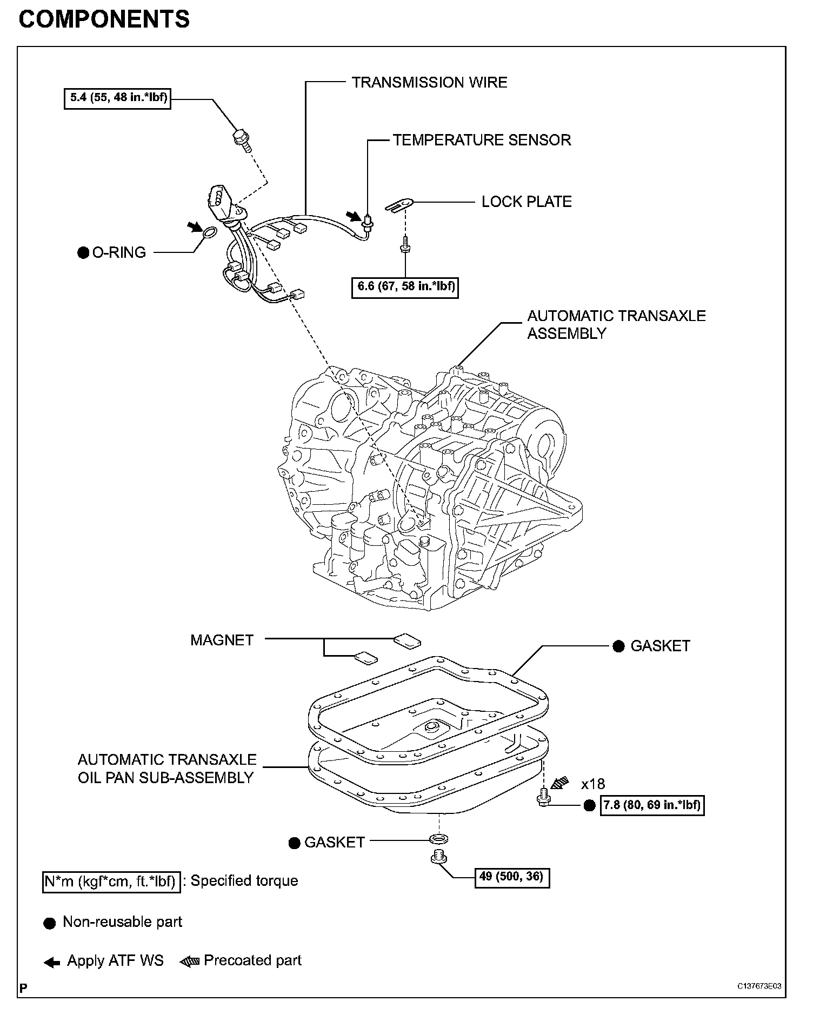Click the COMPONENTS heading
[104, 19]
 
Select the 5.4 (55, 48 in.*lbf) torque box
[117, 98]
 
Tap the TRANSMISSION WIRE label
[429, 83]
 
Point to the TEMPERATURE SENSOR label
[482, 140]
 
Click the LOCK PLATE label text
[527, 202]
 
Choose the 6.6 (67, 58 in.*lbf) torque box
[405, 286]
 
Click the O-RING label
[119, 253]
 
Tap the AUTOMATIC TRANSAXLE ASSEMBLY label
[616, 324]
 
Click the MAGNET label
[222, 640]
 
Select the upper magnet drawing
[408, 640]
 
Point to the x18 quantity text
[593, 784]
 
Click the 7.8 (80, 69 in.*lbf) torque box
[652, 805]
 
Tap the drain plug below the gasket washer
[438, 856]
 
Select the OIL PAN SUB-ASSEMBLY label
[166, 769]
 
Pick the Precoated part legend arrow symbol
[190, 960]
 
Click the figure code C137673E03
[759, 985]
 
